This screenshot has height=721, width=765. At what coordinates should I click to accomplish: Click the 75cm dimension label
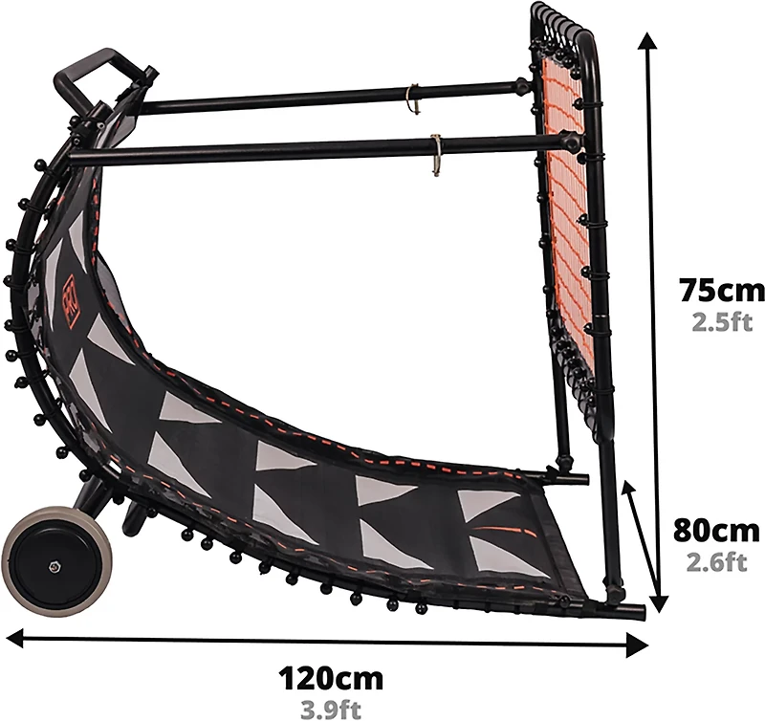coord(722,291)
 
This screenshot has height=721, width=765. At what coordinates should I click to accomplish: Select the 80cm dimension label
coord(716,531)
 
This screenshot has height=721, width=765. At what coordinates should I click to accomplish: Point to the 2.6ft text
coord(716,562)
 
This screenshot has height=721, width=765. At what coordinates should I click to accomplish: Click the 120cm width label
coord(331,678)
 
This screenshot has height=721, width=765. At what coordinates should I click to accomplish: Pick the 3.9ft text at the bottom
coord(331,710)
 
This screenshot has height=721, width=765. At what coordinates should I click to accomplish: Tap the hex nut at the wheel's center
coord(52,566)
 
